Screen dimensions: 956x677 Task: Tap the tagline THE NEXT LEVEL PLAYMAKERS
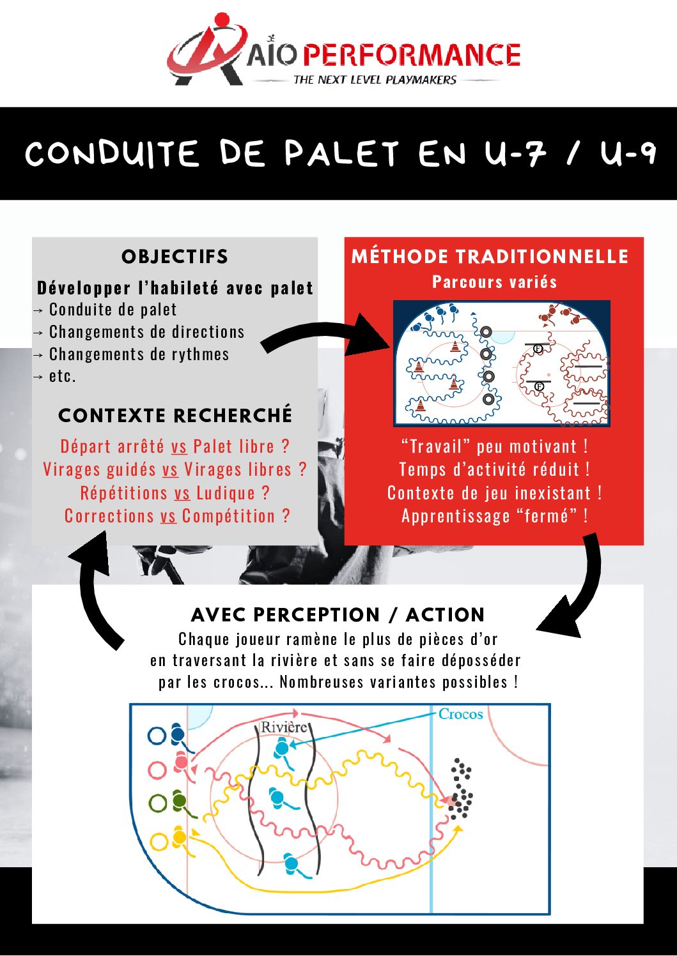click(375, 80)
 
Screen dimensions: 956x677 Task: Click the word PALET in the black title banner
click(342, 154)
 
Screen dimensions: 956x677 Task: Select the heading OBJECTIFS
click(175, 257)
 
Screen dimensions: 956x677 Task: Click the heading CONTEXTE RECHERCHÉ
click(175, 416)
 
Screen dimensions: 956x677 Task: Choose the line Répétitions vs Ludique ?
click(175, 493)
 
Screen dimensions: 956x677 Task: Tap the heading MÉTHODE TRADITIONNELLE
click(490, 257)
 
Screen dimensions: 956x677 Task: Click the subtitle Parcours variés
click(494, 282)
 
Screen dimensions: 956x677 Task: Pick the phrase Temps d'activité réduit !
click(494, 470)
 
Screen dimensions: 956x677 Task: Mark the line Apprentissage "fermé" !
click(494, 516)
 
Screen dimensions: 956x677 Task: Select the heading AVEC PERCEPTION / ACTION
click(338, 615)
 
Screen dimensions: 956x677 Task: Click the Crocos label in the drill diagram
click(460, 715)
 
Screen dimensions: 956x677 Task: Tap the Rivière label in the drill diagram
click(284, 727)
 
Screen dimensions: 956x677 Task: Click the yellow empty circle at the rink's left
click(158, 841)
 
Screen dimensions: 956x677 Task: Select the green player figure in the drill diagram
click(180, 803)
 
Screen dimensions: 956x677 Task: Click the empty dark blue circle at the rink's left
click(157, 736)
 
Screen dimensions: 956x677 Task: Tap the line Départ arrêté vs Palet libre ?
click(175, 446)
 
